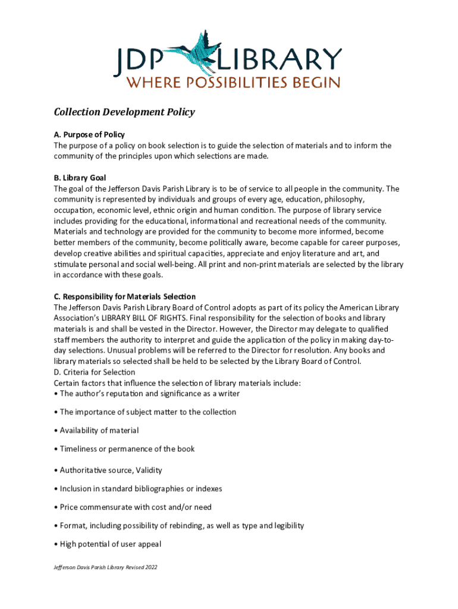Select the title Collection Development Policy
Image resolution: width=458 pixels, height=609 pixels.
click(124, 112)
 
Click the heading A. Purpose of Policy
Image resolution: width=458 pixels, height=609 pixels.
click(89, 135)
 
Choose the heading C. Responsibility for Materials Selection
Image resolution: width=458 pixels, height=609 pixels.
click(125, 297)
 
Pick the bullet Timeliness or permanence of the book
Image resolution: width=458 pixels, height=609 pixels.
click(127, 449)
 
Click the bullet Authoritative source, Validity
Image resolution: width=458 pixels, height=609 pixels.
click(111, 470)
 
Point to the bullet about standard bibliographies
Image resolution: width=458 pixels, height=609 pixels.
click(141, 489)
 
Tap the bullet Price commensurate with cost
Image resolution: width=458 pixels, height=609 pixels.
click(136, 507)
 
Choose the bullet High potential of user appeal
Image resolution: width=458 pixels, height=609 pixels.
click(111, 544)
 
